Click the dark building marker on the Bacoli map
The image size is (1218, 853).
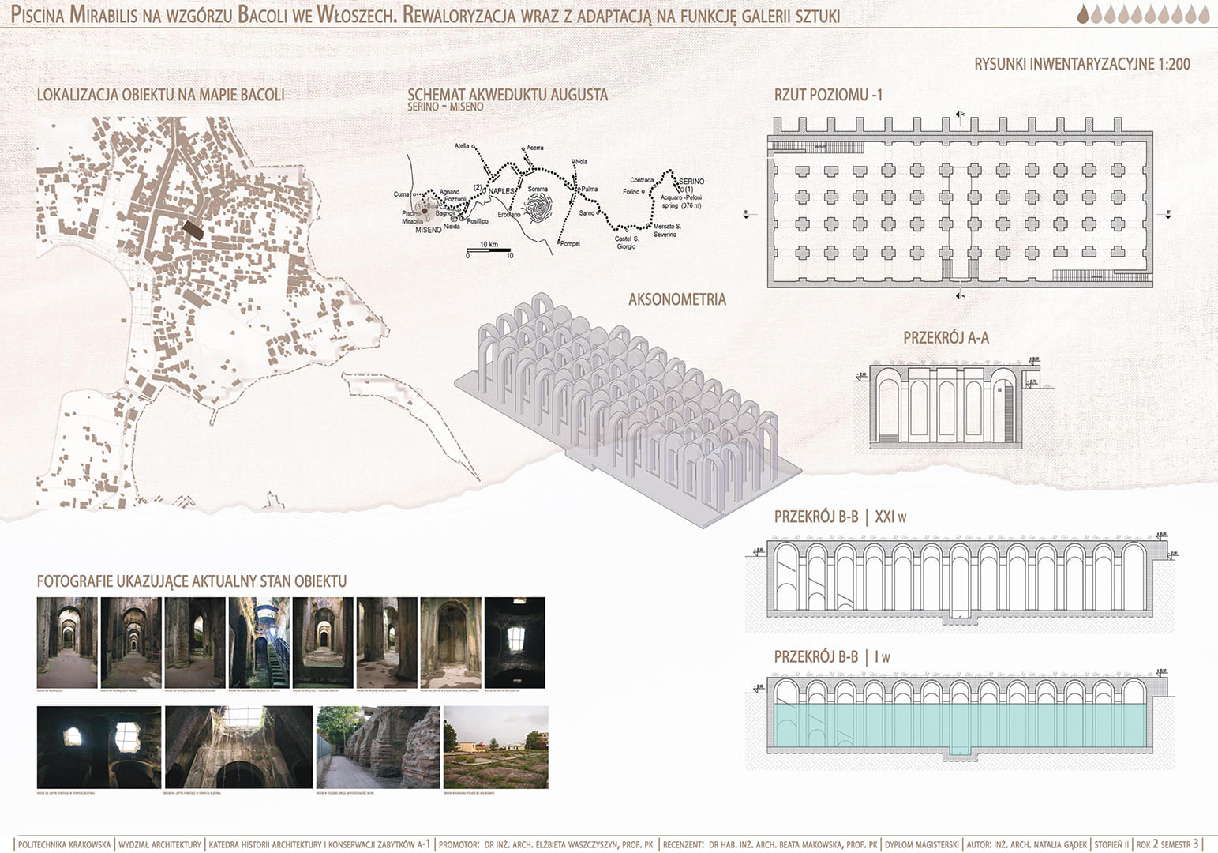193,229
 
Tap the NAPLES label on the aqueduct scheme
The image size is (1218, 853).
501,191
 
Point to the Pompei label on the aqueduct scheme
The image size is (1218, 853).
570,243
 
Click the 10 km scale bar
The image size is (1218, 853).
489,251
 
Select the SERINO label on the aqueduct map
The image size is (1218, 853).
691,182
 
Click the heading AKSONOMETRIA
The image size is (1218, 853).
676,300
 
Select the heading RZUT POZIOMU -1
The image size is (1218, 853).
828,96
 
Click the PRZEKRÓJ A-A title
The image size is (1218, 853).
946,338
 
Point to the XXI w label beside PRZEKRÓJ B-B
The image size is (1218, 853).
891,517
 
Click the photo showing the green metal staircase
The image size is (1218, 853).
258,642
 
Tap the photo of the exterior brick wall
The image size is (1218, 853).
377,747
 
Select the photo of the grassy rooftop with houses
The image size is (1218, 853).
496,747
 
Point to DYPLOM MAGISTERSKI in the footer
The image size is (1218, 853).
921,844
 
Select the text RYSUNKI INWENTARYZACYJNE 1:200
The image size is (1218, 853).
1081,65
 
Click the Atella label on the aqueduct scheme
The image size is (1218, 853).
462,146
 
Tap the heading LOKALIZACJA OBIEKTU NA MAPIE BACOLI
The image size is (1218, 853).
160,96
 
